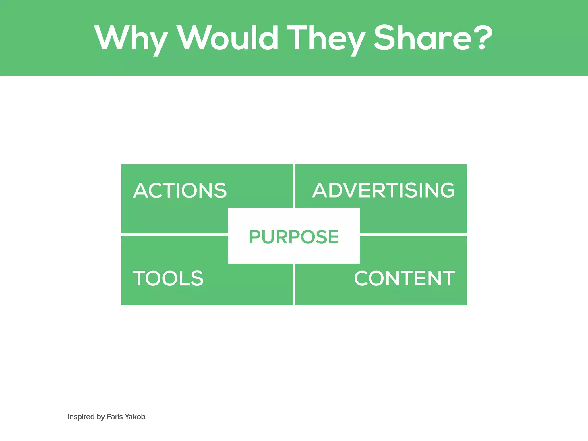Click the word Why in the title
click(131, 39)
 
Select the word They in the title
click(326, 39)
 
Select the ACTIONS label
click(180, 191)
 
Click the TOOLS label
click(168, 278)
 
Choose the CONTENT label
click(405, 278)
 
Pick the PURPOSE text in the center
click(294, 237)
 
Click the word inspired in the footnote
click(81, 417)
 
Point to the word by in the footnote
click(101, 417)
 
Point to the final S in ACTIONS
click(220, 191)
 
